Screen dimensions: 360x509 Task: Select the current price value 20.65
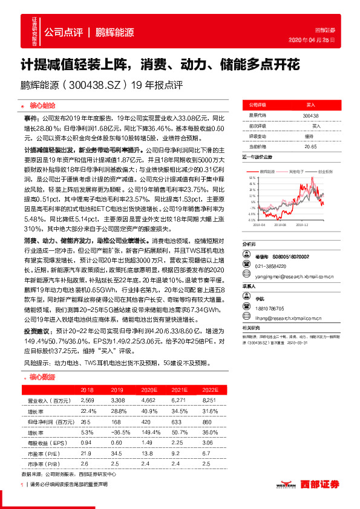[x=310, y=146]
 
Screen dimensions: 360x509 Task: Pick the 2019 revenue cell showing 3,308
[x=117, y=400]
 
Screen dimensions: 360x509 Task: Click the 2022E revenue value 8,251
[x=209, y=400]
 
